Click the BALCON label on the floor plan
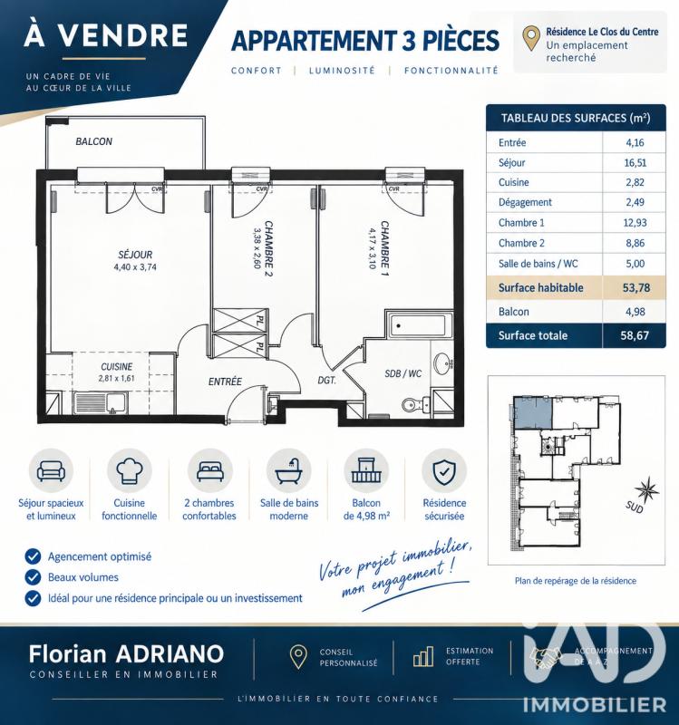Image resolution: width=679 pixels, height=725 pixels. pos(94,141)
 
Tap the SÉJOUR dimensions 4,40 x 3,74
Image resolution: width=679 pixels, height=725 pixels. pos(135,266)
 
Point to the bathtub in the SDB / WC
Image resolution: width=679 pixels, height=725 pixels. pos(418,325)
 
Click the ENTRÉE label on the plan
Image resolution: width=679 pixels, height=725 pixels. pos(225,382)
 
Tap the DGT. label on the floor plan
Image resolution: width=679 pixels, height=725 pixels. pos(326,381)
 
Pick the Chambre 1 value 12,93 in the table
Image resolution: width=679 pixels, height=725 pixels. pos(635,222)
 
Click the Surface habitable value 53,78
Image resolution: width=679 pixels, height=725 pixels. pos(636,287)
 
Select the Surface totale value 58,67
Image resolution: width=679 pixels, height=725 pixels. pos(635,335)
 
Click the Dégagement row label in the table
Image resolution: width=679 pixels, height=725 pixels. pos(525,202)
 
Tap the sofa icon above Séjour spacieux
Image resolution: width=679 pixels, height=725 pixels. pos(51,470)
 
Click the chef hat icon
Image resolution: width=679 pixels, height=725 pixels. pos(130,470)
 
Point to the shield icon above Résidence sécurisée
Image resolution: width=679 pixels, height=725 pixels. pos(443,471)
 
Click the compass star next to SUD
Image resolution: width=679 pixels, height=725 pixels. pos(646,489)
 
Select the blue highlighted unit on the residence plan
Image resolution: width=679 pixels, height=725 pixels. pos(533,411)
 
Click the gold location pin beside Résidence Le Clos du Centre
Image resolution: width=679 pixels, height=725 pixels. pos(531,39)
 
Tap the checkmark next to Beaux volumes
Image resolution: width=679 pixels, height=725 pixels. pos(33,577)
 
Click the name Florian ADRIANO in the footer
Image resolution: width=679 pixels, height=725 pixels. pos(126,653)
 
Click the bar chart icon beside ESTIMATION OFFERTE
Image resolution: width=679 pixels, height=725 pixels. pos(423,656)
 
